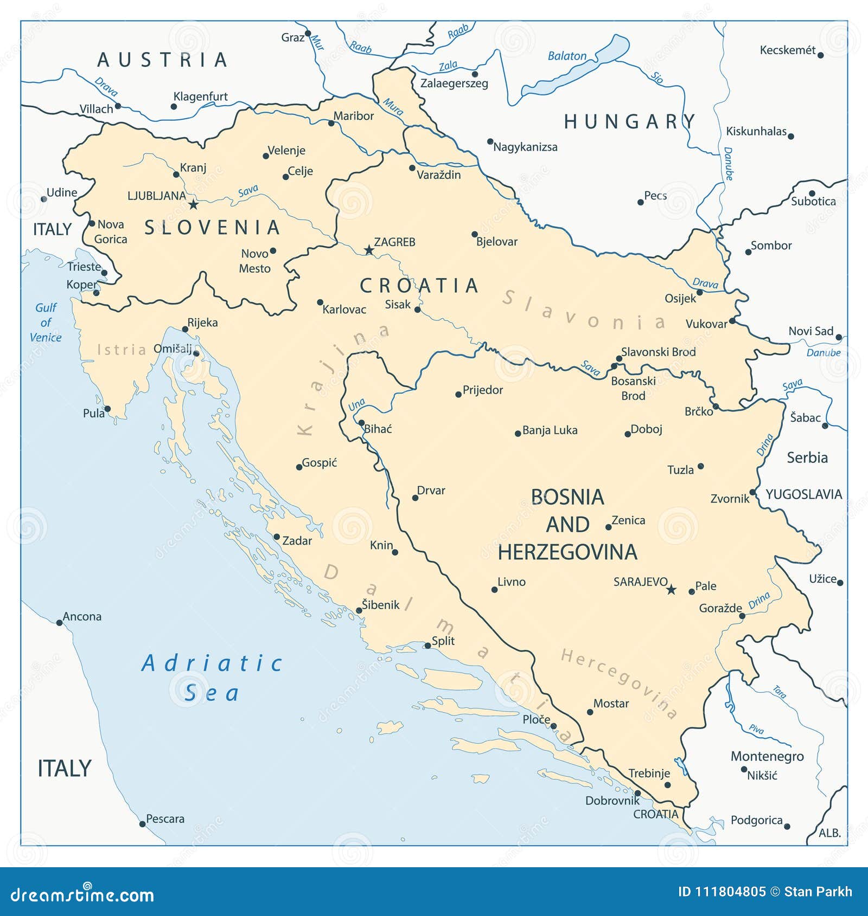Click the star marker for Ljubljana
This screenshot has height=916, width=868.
[193, 204]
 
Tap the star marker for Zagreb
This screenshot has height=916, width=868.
[369, 250]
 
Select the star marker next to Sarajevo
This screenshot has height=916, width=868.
[671, 590]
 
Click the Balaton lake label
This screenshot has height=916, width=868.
[567, 56]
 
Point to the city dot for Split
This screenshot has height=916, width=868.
[427, 646]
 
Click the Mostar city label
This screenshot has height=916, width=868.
[611, 704]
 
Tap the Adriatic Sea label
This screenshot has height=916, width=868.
[212, 678]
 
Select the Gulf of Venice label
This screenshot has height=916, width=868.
[46, 322]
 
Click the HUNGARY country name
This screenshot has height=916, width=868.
[629, 121]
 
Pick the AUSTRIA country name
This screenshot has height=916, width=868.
[162, 60]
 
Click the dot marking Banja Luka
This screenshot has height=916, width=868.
[518, 434]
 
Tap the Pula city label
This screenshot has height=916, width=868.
[93, 413]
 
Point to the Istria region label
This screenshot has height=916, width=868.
[122, 350]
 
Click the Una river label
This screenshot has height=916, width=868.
[356, 405]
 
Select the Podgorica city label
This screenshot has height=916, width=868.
[756, 820]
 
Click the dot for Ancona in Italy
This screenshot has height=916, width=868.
[60, 623]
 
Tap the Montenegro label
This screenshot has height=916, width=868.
[767, 756]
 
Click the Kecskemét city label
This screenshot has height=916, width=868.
[787, 50]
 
